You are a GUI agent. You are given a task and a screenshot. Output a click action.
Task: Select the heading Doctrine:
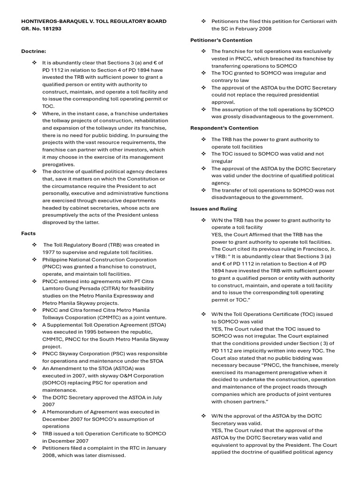click(x=34, y=51)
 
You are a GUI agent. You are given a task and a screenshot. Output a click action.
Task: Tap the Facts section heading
click(x=28, y=233)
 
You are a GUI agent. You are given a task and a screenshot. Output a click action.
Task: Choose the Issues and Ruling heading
click(x=213, y=209)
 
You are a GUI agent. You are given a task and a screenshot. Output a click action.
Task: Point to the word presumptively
click(x=62, y=215)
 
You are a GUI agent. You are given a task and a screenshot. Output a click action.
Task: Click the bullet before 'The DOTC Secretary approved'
click(x=34, y=397)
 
